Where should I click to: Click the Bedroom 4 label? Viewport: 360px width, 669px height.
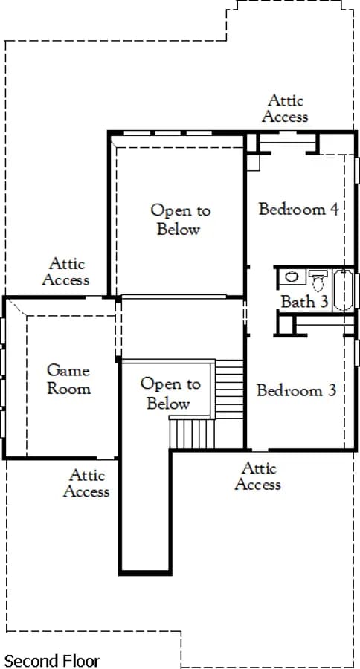(x=298, y=210)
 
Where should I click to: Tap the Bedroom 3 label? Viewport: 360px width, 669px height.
(x=296, y=390)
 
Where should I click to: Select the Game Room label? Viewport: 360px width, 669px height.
(x=68, y=379)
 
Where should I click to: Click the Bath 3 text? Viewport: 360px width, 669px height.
(x=304, y=302)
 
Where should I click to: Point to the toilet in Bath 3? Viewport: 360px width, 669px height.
(x=318, y=280)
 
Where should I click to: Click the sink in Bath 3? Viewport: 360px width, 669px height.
(x=292, y=277)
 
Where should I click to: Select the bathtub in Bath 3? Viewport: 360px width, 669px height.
(x=344, y=290)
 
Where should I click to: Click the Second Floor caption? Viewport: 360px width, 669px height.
(x=51, y=661)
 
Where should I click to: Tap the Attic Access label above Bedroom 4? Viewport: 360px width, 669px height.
(x=285, y=109)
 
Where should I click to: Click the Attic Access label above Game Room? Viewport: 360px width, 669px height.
(x=65, y=272)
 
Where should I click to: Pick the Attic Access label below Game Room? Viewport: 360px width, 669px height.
(x=86, y=483)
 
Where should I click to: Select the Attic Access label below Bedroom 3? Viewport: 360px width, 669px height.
(x=258, y=476)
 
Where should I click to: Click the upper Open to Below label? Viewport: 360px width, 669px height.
(x=180, y=220)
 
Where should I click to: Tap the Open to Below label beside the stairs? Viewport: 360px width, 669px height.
(x=170, y=393)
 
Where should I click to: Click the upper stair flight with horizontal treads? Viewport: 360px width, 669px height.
(x=229, y=389)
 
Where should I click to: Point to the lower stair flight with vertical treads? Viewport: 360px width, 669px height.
(x=192, y=433)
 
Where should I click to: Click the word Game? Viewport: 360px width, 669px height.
(x=68, y=370)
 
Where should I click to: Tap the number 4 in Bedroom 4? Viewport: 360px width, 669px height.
(x=334, y=210)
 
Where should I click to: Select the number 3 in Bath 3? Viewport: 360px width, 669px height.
(x=324, y=302)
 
